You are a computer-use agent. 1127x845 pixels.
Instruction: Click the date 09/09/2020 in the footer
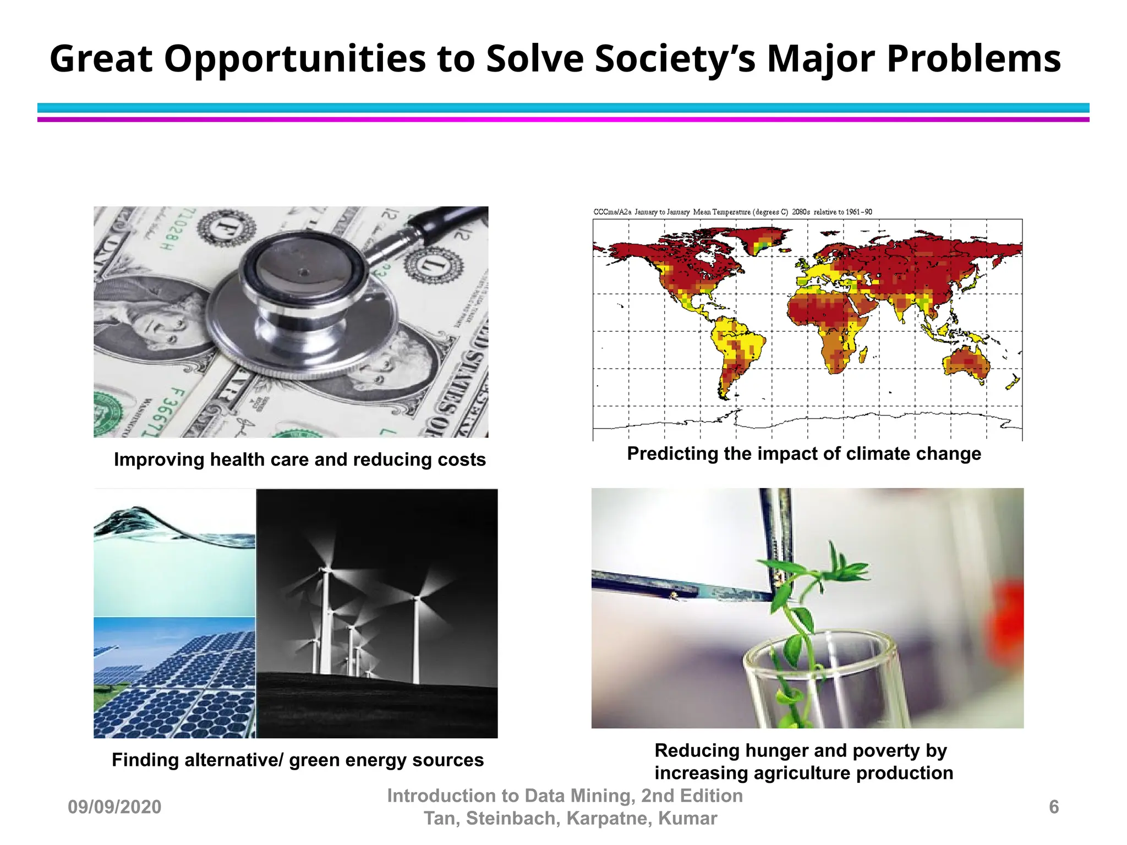tap(114, 807)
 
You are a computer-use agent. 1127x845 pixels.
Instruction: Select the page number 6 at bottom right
tap(1053, 807)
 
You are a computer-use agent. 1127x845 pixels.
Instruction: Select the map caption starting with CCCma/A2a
tap(732, 212)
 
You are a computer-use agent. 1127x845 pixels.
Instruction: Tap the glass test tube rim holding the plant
tap(820, 649)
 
